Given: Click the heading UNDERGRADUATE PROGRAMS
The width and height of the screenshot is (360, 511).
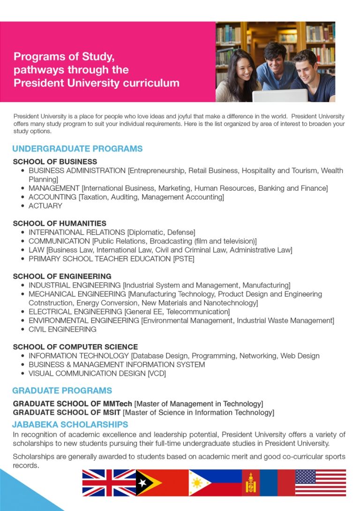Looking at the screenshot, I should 77,149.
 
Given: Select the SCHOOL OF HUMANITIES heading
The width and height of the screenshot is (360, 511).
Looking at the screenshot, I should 60,224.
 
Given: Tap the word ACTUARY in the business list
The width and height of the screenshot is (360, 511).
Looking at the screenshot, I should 45,206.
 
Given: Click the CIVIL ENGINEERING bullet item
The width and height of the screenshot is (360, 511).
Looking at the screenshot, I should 62,329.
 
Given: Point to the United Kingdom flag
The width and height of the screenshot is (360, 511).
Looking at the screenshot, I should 109,482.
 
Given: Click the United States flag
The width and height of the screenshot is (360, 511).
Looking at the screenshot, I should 320,482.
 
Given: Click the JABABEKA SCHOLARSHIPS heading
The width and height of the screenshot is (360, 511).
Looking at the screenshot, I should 70,425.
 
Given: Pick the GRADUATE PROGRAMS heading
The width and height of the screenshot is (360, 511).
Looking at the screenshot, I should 62,391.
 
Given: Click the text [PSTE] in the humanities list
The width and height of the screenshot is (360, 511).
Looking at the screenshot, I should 184,259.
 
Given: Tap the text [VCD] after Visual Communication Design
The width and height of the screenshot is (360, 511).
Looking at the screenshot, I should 157,374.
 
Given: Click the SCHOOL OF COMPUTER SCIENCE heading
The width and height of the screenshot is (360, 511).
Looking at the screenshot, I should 75,347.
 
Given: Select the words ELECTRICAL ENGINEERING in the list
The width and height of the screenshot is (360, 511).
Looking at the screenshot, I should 75,312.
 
